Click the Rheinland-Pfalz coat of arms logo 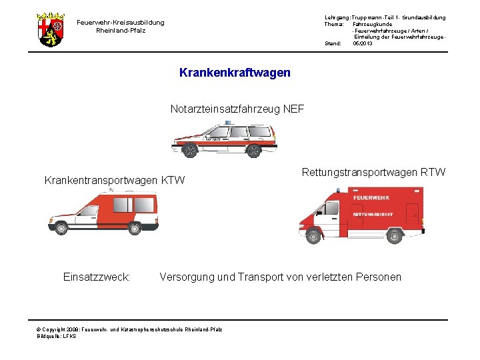[x=51, y=29]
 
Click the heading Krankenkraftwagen [x=235, y=73]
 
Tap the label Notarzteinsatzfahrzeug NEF [x=237, y=109]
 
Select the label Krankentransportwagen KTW [x=114, y=180]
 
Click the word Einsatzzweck [x=96, y=277]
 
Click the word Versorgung [x=187, y=277]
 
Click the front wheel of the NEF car [x=190, y=151]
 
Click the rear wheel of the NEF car [x=253, y=151]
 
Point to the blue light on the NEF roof [x=228, y=123]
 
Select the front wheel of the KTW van [x=61, y=228]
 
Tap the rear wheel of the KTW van [x=135, y=228]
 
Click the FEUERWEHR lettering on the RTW [x=371, y=198]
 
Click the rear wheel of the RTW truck [x=395, y=236]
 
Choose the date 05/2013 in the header [x=363, y=43]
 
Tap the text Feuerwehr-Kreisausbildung [x=120, y=23]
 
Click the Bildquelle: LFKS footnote [x=57, y=336]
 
